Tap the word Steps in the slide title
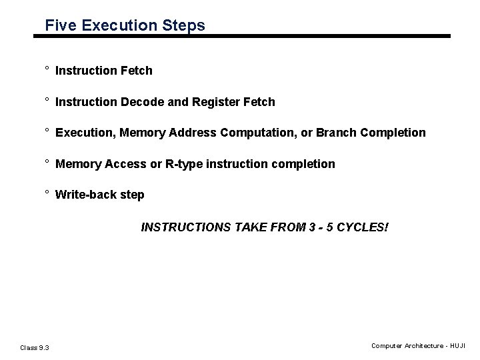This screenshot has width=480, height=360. tap(185, 26)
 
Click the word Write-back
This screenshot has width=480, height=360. tap(86, 195)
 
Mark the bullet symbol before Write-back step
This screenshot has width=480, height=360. tap(47, 193)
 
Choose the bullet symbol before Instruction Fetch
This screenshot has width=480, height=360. tap(47, 69)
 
